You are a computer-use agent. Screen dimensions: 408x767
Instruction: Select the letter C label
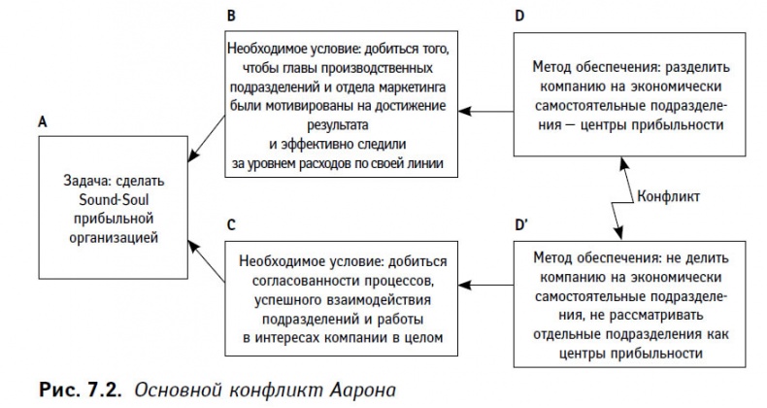[230, 224]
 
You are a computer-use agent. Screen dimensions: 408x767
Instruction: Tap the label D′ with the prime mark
[521, 224]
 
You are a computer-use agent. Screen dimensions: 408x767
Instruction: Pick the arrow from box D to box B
[490, 111]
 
